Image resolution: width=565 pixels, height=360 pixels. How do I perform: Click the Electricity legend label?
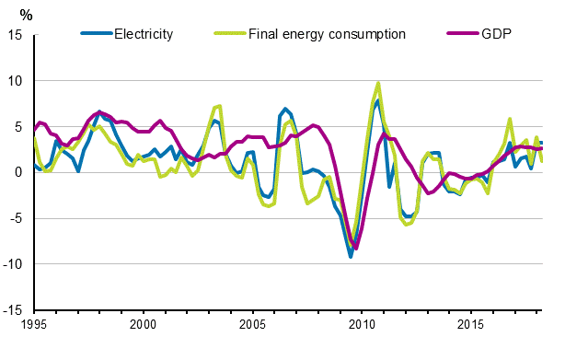point(143,35)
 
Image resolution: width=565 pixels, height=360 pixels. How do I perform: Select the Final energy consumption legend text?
point(327,35)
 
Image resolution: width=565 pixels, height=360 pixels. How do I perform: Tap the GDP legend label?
point(498,35)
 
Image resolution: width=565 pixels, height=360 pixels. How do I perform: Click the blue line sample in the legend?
point(95,35)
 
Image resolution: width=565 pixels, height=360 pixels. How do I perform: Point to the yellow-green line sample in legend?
point(228,35)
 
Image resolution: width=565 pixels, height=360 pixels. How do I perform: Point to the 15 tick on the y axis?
point(16,35)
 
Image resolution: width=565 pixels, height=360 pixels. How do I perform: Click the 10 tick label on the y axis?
point(16,81)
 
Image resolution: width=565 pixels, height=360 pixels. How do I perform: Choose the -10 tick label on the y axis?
point(13,265)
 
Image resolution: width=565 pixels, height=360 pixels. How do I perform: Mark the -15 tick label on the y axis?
point(13,311)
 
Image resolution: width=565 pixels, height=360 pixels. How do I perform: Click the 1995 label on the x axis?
point(33,325)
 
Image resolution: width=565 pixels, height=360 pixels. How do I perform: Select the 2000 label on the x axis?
point(143,325)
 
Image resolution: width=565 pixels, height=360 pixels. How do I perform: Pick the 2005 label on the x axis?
point(252,325)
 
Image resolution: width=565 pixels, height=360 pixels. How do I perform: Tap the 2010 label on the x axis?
point(362,325)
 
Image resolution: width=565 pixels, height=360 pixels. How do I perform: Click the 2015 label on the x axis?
point(471,325)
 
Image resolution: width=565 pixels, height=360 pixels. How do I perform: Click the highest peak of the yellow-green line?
point(378,83)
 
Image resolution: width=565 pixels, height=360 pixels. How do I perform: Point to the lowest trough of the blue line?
point(351,257)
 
